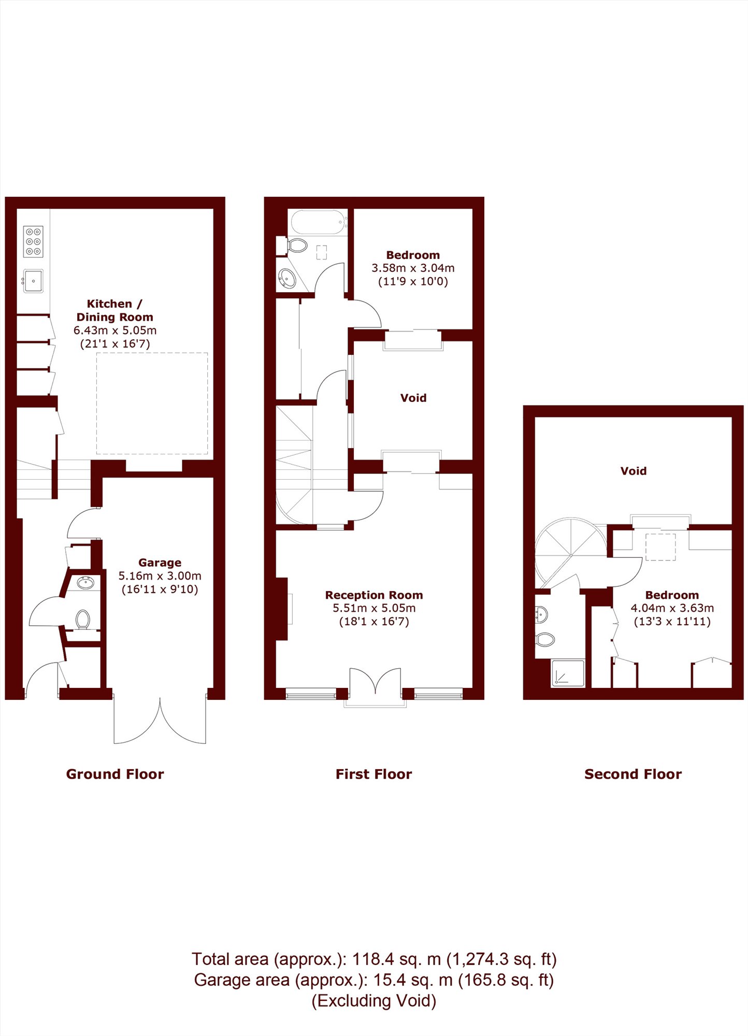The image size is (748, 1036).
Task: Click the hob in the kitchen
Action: click(x=34, y=241)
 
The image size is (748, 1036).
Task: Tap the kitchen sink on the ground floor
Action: click(x=33, y=281)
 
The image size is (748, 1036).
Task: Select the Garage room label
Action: click(x=160, y=563)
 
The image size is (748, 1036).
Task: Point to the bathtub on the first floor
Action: click(x=319, y=222)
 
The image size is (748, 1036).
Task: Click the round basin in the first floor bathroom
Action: click(x=287, y=279)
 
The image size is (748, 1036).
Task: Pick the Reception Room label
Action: click(x=374, y=595)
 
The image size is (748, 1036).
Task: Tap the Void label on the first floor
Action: click(x=413, y=398)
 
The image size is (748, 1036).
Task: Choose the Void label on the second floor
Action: click(x=634, y=471)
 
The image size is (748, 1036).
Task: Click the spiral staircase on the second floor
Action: click(x=570, y=554)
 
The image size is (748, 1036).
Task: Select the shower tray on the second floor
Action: click(x=568, y=673)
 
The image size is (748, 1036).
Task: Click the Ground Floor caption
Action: click(x=115, y=774)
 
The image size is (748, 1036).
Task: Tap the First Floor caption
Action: click(x=374, y=774)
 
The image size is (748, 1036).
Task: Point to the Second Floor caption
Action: click(x=633, y=774)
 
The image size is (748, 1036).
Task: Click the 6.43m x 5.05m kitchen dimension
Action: click(x=115, y=330)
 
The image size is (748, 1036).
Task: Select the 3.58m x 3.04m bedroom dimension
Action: click(x=413, y=268)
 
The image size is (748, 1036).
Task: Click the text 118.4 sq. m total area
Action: click(x=396, y=959)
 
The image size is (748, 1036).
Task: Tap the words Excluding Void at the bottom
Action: click(x=374, y=1001)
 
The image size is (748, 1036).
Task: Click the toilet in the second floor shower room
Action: click(x=544, y=639)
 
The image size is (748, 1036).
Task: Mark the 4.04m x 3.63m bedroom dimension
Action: click(x=672, y=609)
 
